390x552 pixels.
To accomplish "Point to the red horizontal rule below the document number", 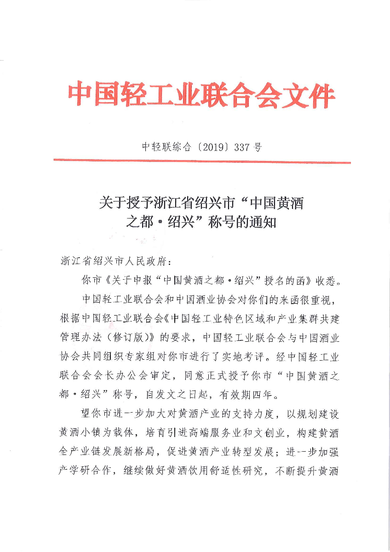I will (x=202, y=161).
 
